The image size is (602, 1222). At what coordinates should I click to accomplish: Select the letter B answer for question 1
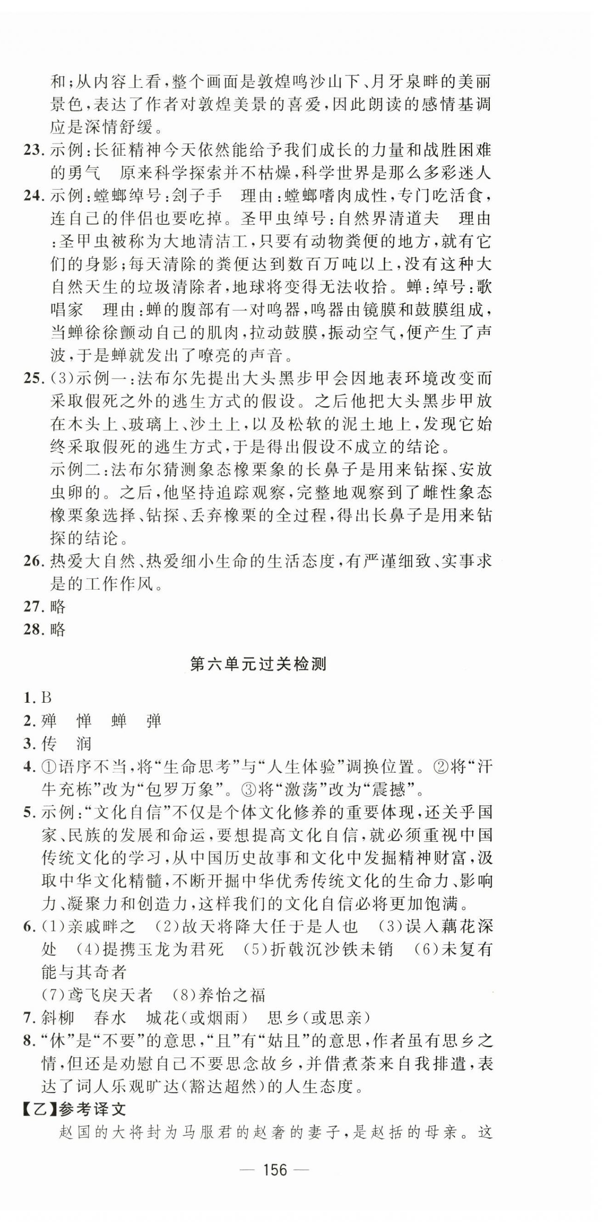[x=46, y=697]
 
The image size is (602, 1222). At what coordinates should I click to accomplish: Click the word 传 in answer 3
[x=49, y=744]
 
